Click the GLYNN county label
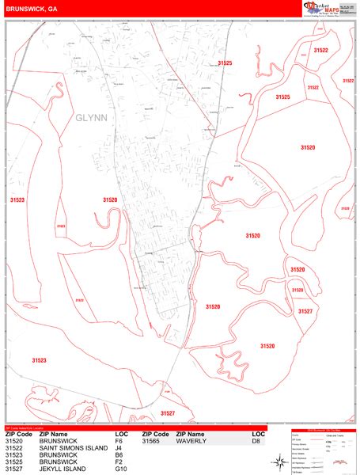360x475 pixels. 91,117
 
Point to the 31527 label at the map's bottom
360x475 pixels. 167,412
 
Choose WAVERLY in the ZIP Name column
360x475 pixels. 191,441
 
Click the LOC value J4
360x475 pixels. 118,448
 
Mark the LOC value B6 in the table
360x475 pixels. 118,454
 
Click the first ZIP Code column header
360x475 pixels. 18,435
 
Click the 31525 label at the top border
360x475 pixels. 225,63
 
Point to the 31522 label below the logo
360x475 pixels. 320,50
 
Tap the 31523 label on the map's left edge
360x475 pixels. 17,200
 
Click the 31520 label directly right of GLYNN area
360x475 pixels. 110,200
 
